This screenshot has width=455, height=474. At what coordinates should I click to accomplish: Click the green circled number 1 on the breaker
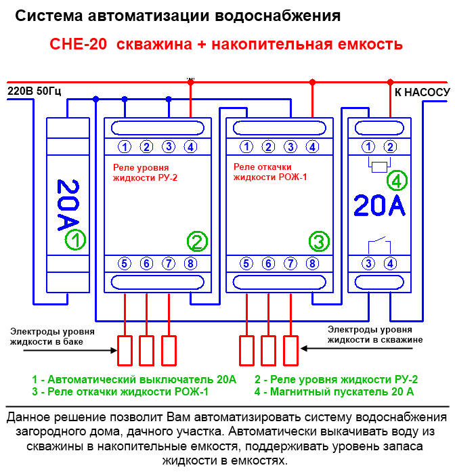pos(75,240)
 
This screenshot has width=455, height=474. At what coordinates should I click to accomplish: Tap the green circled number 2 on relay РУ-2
pos(197,242)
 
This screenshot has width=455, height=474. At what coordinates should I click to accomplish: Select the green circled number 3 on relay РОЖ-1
pos(319,241)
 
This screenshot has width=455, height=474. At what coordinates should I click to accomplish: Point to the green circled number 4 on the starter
pos(397,181)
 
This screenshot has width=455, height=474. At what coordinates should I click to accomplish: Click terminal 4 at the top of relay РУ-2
pos(190,147)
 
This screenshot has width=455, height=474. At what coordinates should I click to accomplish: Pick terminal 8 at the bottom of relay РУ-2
pos(190,263)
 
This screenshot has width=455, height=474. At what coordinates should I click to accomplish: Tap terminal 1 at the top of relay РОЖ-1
pos(246,147)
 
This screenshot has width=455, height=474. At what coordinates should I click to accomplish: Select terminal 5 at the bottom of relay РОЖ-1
pos(246,263)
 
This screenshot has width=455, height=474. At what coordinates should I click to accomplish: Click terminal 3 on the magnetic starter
pos(368,263)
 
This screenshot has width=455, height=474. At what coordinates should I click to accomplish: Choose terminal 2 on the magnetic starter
pos(390,147)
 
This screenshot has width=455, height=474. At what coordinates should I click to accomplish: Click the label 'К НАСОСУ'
pos(422,93)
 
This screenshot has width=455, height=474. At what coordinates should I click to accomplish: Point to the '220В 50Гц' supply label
pos(34,91)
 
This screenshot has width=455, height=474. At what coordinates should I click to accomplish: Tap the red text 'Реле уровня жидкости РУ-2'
pos(145,173)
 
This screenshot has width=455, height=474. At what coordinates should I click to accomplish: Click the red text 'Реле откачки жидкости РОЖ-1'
pos(270,172)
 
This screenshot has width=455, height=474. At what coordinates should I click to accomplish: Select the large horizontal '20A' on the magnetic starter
pos(379,206)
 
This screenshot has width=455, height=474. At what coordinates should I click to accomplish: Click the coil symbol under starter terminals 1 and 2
pos(379,167)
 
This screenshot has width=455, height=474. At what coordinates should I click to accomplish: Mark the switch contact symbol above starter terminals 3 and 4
pos(379,245)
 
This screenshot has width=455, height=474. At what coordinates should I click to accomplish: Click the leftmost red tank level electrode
pos(125,351)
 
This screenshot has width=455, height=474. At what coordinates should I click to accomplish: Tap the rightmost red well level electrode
pos(291,351)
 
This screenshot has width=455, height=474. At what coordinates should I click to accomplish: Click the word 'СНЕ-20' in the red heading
pos(79,44)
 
